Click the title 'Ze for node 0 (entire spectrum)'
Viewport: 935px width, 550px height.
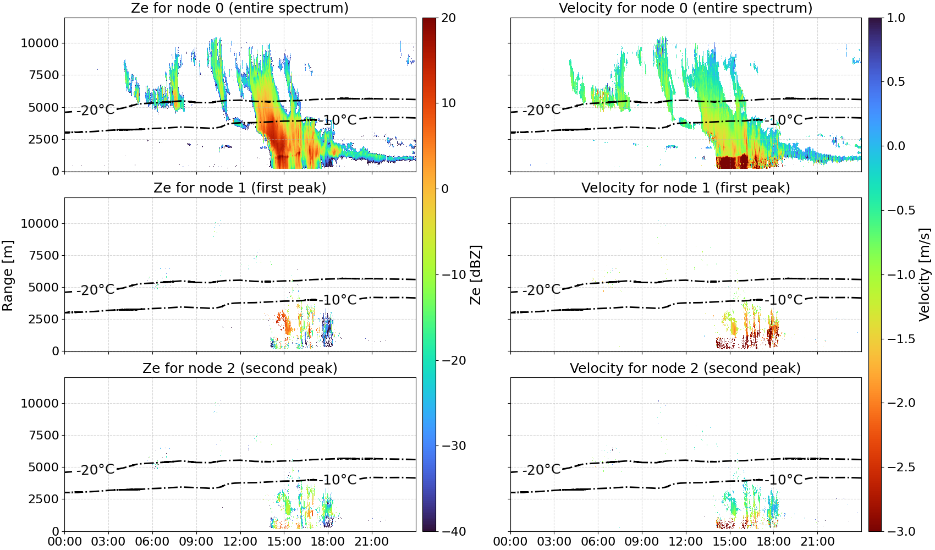click(240, 8)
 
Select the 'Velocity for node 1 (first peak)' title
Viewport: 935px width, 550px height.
click(686, 188)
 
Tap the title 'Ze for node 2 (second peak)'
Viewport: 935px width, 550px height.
click(240, 368)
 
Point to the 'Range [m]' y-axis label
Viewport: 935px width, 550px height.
click(8, 276)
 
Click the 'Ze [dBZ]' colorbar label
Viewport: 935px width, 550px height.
click(475, 275)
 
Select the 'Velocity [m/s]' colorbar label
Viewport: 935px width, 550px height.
click(925, 274)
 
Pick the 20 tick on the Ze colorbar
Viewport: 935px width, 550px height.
click(449, 18)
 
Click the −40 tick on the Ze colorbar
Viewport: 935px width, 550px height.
click(454, 532)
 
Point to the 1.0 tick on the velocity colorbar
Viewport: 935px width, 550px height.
click(896, 18)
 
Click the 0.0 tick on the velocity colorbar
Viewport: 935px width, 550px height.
click(896, 146)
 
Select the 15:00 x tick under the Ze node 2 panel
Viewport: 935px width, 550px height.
click(284, 542)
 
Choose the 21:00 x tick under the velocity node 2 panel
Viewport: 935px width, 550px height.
click(817, 542)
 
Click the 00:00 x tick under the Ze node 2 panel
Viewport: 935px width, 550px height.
click(65, 542)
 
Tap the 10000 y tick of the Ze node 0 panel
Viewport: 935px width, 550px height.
click(40, 43)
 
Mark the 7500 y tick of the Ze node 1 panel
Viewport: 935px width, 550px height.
click(44, 255)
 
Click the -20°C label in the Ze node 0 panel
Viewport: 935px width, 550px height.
click(96, 110)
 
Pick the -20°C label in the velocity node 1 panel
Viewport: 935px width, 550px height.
click(541, 290)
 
